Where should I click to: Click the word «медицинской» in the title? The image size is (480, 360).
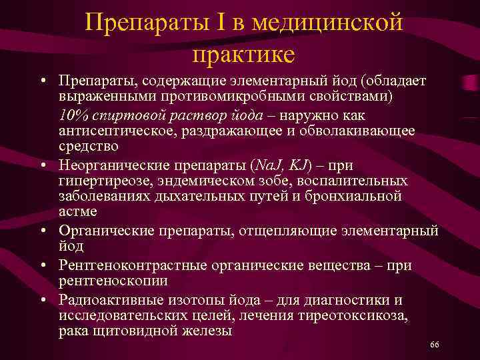(x=334, y=25)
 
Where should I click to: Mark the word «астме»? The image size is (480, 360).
(x=77, y=212)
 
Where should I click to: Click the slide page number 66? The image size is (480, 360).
(x=434, y=344)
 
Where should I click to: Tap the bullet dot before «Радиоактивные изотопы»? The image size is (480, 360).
(x=42, y=298)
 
